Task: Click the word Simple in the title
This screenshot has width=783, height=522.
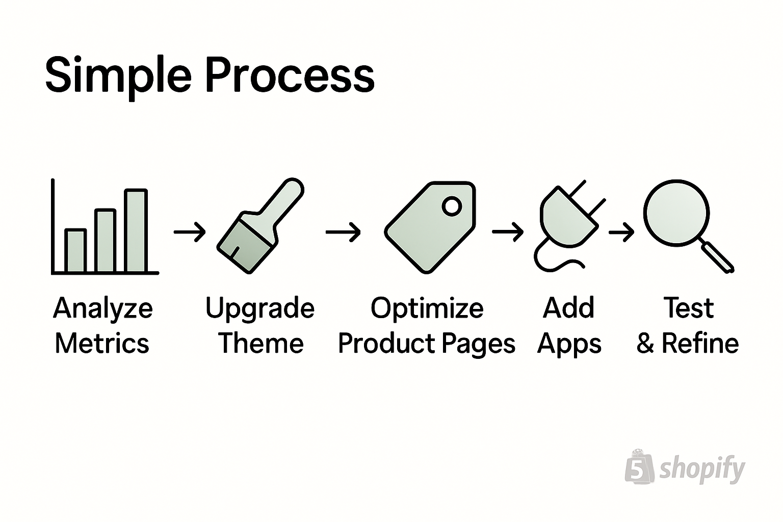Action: (118, 75)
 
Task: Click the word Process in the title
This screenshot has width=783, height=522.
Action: (290, 75)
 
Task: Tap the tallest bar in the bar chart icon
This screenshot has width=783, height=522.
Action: (136, 230)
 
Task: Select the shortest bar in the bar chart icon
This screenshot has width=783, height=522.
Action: (75, 250)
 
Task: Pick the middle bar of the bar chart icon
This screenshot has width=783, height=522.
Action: (106, 240)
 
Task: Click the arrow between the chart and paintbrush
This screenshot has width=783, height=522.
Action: (190, 232)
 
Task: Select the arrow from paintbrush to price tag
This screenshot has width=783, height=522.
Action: (343, 232)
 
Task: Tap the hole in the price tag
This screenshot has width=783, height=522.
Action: (452, 206)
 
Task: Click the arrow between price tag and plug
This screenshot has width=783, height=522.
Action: (508, 232)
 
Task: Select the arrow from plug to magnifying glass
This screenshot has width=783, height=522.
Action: (621, 232)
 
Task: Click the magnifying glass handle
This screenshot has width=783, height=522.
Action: (718, 257)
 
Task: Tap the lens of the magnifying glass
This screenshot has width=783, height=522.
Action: (676, 213)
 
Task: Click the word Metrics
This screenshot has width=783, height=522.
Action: (102, 343)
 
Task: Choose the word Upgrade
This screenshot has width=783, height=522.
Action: (260, 308)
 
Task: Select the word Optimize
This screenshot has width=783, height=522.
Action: (427, 308)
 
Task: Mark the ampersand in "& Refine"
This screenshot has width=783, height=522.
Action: (645, 344)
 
